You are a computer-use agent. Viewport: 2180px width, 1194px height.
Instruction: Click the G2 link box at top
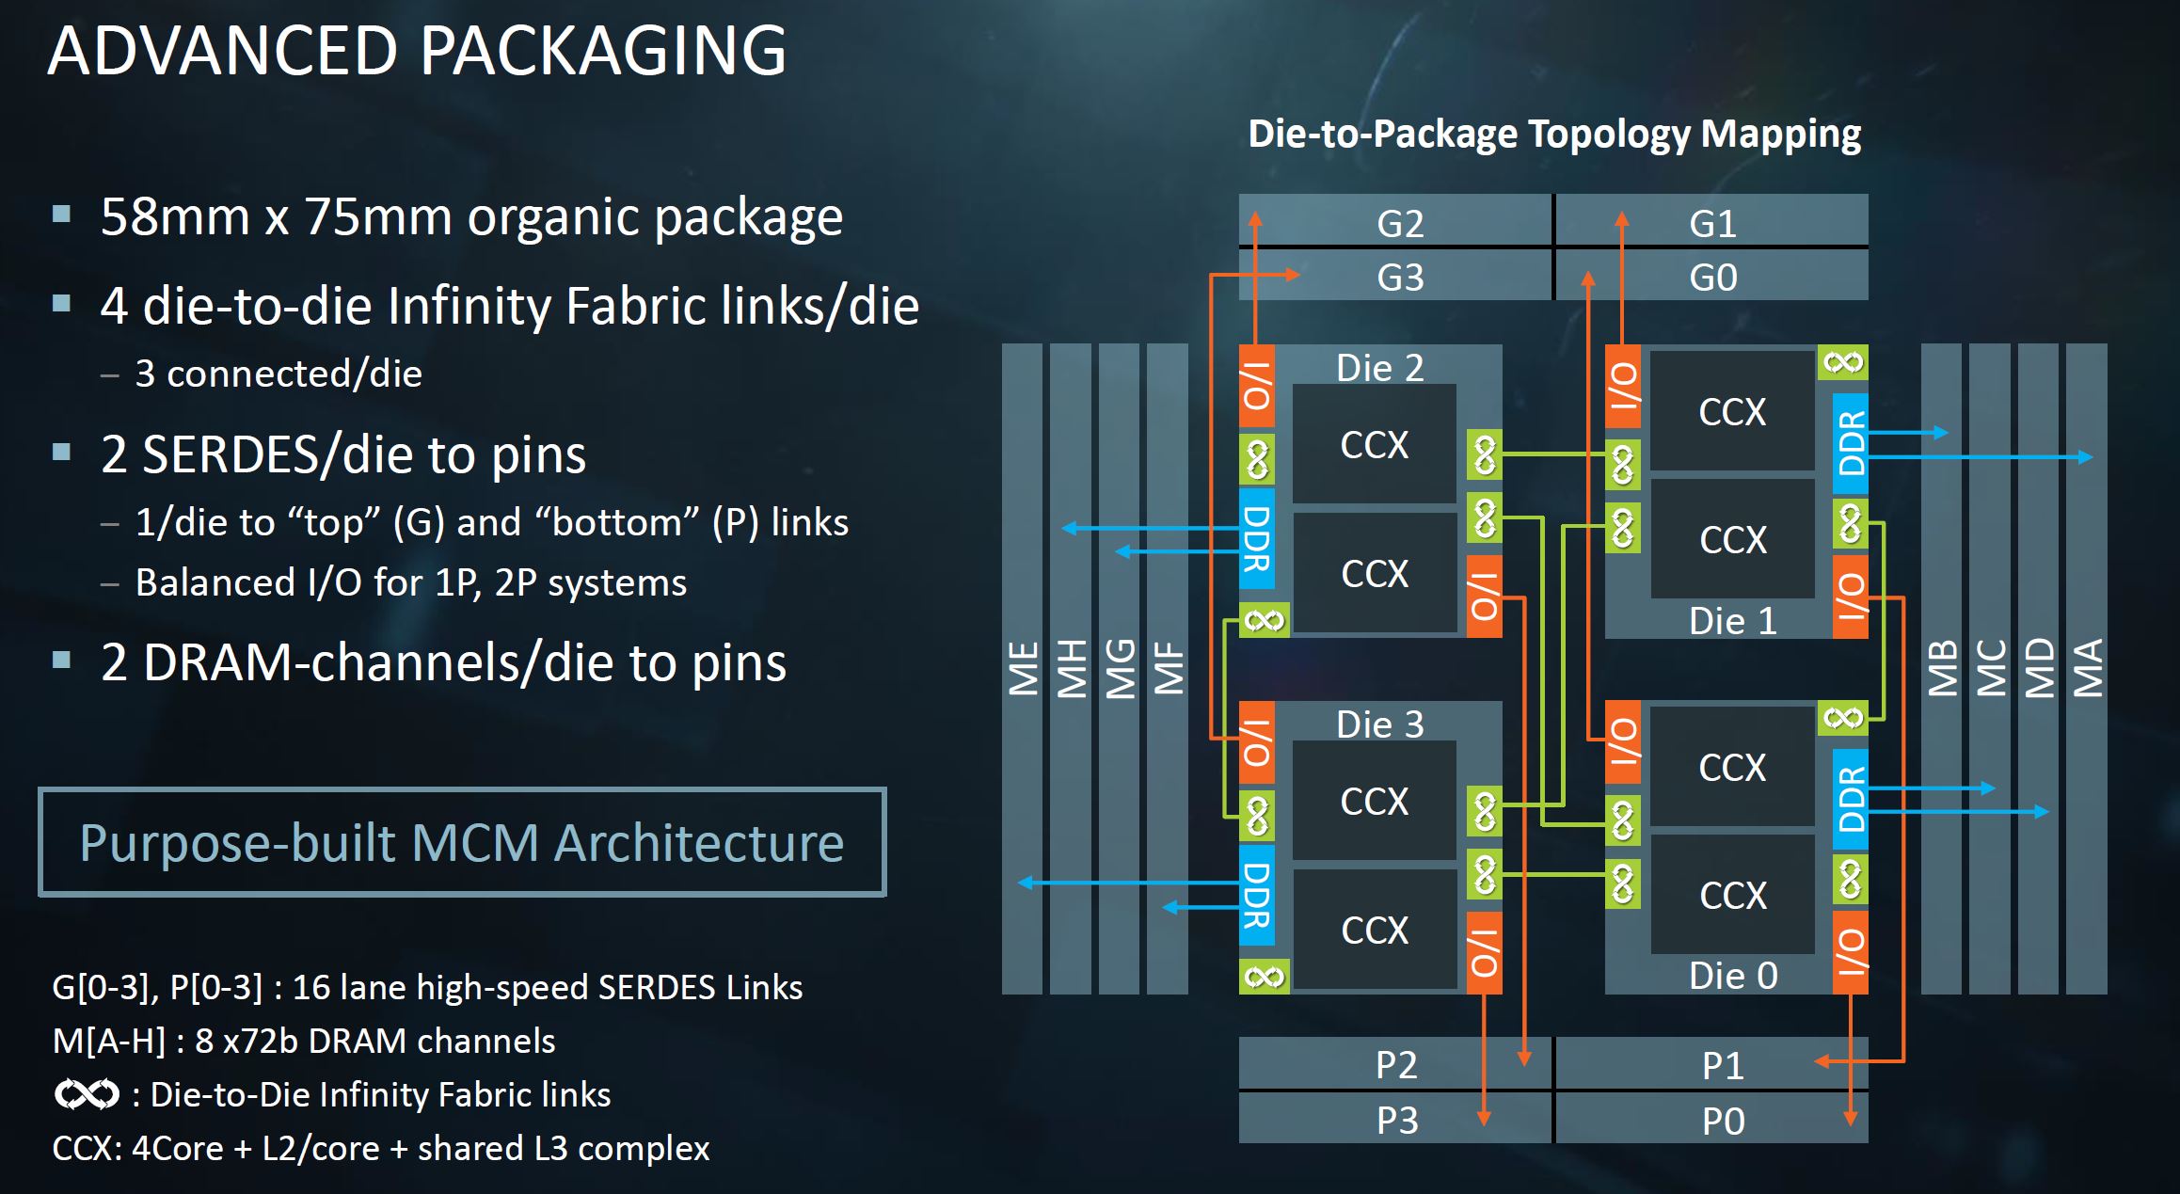pos(1398,223)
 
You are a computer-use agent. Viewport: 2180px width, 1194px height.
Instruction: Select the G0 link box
pos(1712,278)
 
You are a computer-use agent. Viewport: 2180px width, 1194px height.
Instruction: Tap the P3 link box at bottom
pos(1396,1120)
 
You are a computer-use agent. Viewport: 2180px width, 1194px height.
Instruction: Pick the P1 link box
pos(1722,1065)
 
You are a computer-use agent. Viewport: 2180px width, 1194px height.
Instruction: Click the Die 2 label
pos(1379,368)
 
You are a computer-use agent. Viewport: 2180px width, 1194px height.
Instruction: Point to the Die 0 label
pos(1732,976)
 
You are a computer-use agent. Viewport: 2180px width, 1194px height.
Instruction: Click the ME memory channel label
pos(1023,668)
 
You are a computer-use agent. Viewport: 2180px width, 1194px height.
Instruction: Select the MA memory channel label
pos(2087,668)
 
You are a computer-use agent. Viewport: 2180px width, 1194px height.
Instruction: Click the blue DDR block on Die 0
pos(1851,799)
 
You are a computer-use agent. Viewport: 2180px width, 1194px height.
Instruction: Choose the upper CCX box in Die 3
pos(1374,802)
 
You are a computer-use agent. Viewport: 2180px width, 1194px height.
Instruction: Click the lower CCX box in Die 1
pos(1732,539)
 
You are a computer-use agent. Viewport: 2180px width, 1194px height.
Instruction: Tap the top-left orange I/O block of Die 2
pos(1257,387)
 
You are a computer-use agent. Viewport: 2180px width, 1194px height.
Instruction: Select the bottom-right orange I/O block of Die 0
pos(1851,952)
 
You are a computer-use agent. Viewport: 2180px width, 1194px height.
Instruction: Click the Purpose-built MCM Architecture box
pos(462,842)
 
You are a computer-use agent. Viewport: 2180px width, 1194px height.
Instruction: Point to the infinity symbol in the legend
pos(87,1094)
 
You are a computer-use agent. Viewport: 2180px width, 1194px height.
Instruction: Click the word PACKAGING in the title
pos(602,51)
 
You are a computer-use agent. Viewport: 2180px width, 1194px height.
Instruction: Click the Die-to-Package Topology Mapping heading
pos(1553,134)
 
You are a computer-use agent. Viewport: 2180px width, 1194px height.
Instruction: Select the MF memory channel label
pos(1168,668)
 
